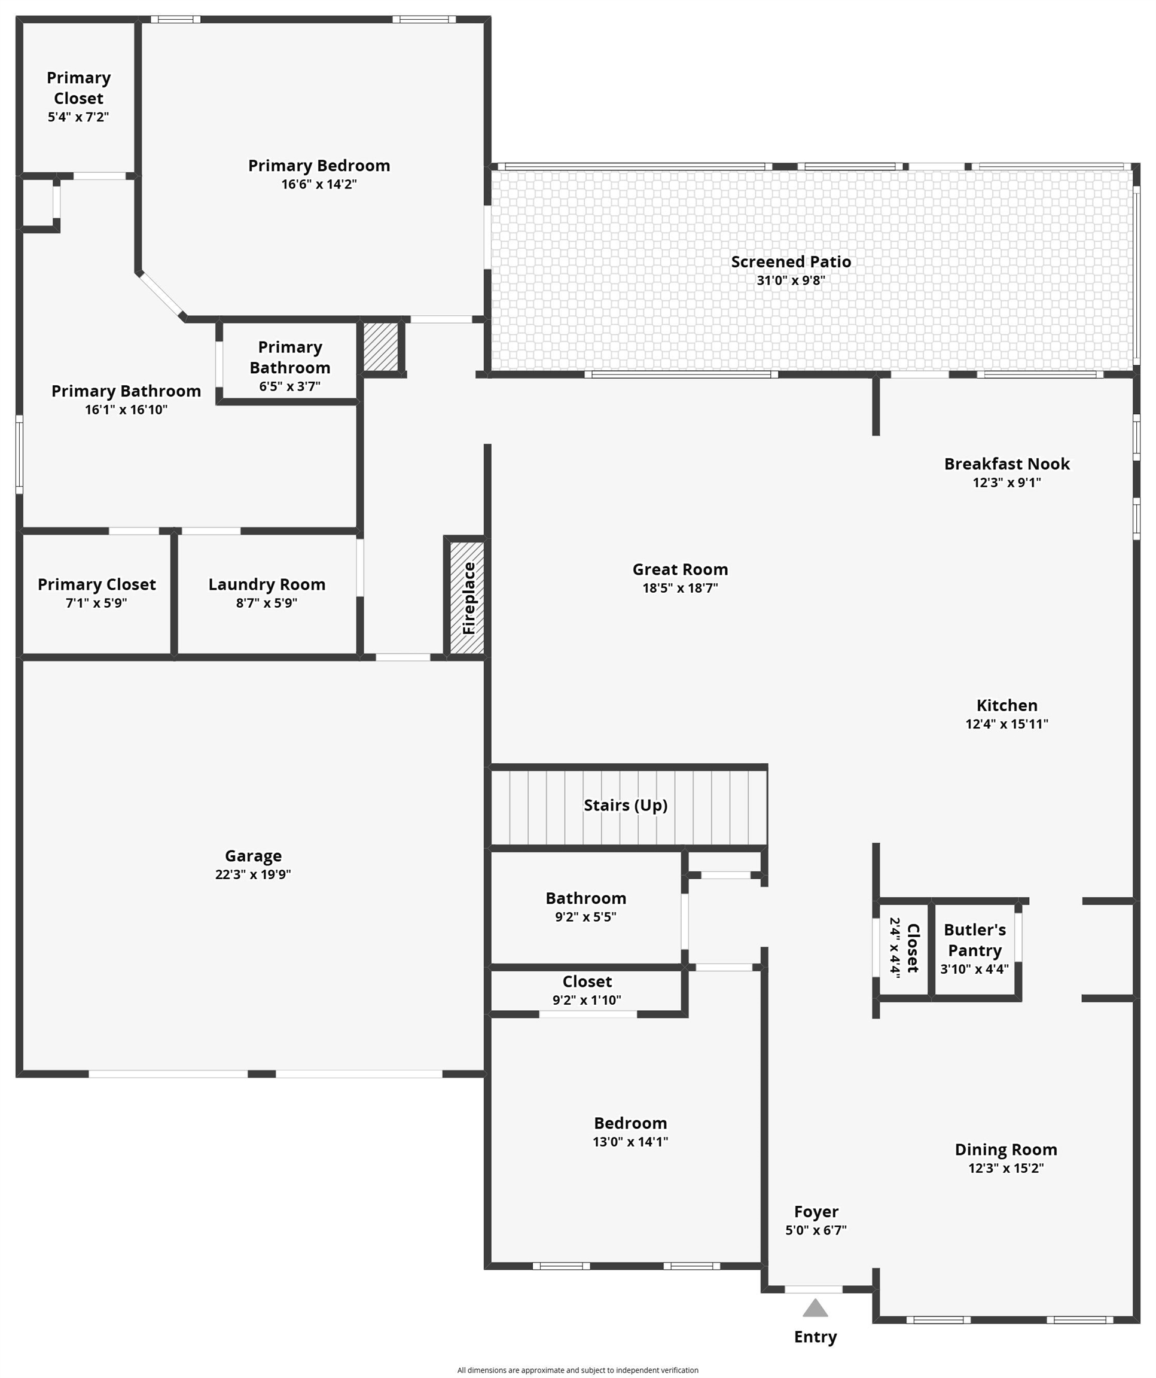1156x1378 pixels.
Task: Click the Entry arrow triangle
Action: tap(815, 1309)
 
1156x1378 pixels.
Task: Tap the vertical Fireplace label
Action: tap(468, 597)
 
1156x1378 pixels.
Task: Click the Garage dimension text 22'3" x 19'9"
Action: tap(253, 874)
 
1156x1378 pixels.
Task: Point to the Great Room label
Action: tap(680, 569)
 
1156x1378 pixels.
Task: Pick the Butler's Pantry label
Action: tap(974, 940)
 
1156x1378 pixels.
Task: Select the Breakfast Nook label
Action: tap(1006, 464)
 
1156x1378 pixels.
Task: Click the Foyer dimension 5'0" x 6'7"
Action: tap(816, 1230)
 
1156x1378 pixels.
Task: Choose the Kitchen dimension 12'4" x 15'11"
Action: tap(1006, 724)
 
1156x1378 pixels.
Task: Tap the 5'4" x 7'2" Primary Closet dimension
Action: tap(78, 117)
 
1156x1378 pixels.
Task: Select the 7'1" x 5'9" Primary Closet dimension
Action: tap(96, 602)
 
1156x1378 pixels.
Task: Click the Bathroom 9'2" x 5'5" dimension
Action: tap(585, 917)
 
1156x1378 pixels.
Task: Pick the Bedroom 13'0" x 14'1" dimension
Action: tap(630, 1141)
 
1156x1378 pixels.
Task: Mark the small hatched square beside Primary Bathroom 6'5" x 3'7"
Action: tap(380, 346)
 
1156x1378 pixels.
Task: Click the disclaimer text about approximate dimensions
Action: tap(577, 1370)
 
